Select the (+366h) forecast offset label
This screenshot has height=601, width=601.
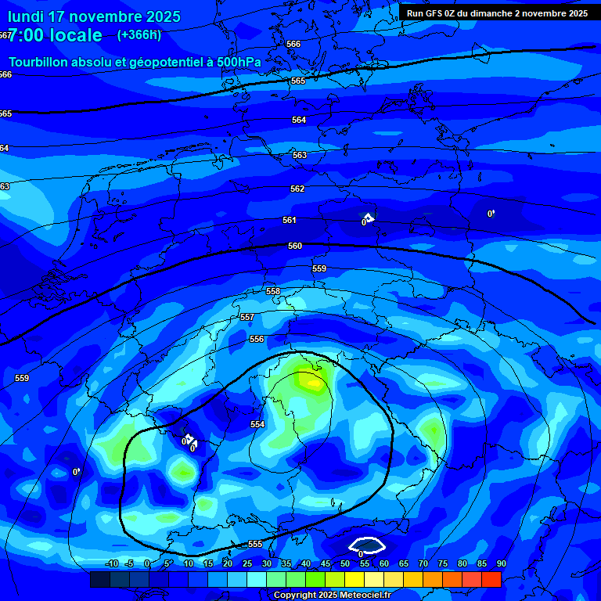tap(139, 34)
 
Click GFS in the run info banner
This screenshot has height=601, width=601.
tap(436, 13)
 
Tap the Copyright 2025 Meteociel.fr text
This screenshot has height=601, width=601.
tap(332, 595)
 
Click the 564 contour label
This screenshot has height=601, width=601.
tap(299, 120)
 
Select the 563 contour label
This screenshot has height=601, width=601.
tap(300, 155)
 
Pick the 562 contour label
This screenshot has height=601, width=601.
tap(297, 189)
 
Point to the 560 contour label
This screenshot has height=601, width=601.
tap(295, 246)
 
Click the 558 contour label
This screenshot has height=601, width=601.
tap(273, 291)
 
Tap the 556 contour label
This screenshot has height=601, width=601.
tap(257, 339)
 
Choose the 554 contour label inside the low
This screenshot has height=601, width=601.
tap(257, 424)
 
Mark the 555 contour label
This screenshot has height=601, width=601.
tap(255, 544)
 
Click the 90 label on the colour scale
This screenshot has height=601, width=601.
tap(502, 563)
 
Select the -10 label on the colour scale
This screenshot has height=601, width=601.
tap(111, 563)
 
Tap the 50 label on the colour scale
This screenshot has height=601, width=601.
tap(345, 563)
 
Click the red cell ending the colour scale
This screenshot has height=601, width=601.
tap(491, 579)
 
